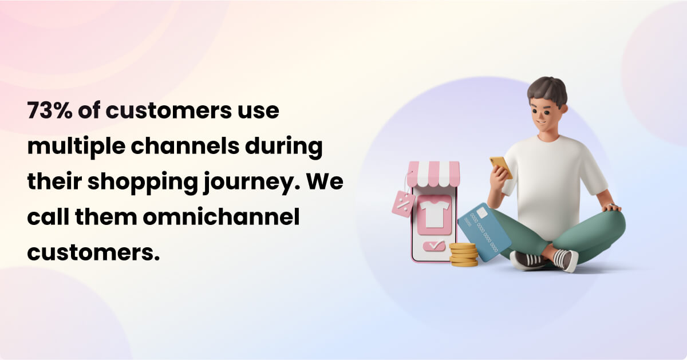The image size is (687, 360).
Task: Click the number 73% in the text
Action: coord(50,110)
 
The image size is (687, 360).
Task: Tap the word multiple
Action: coord(76,147)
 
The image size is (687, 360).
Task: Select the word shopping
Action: coord(143,182)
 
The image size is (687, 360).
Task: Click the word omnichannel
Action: coord(221,217)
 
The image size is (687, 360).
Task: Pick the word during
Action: coord(284,147)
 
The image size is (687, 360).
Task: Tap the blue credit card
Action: coord(484,232)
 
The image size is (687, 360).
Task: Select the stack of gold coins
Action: coord(463,255)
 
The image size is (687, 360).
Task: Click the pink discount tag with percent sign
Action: coord(404,204)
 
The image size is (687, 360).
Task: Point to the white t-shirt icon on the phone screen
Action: coord(435,213)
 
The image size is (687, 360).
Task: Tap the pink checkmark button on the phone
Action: coord(434,246)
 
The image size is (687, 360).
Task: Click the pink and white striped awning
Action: coord(434,174)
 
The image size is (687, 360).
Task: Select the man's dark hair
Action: coord(548,91)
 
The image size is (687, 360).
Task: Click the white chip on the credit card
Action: coord(481,212)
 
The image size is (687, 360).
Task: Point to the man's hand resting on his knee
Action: coord(612,207)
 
